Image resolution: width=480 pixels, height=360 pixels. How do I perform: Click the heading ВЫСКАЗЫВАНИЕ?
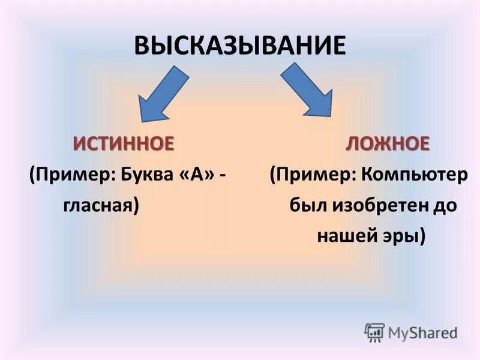(240, 46)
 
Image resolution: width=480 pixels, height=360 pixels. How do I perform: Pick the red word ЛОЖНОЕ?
(388, 144)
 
